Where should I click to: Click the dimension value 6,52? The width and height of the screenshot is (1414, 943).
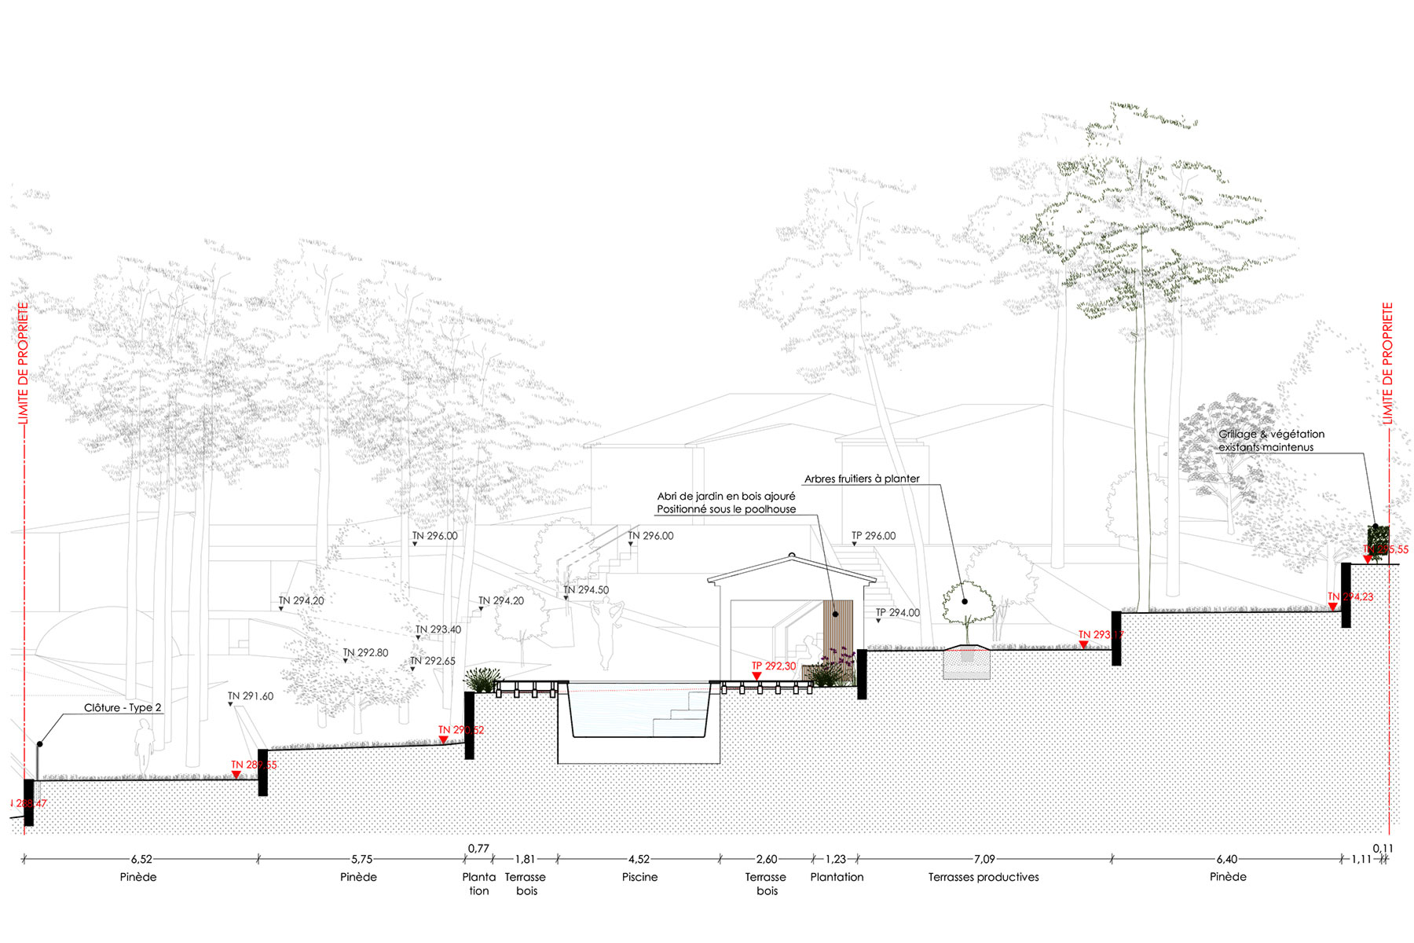pyautogui.click(x=141, y=860)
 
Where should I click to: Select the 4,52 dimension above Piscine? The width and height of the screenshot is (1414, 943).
pyautogui.click(x=639, y=860)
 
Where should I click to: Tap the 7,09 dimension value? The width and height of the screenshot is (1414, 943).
pyautogui.click(x=984, y=860)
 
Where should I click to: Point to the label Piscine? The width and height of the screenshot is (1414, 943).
pyautogui.click(x=639, y=877)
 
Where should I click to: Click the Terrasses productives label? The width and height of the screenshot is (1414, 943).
pyautogui.click(x=984, y=877)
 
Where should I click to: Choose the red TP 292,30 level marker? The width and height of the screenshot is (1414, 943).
pyautogui.click(x=773, y=666)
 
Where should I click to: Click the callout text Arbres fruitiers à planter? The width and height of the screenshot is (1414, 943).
pyautogui.click(x=862, y=479)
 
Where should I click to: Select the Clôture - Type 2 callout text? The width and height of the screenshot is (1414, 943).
pyautogui.click(x=123, y=708)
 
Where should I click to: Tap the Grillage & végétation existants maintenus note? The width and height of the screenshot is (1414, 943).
pyautogui.click(x=1270, y=440)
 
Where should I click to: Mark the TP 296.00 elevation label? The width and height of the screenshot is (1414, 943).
pyautogui.click(x=874, y=536)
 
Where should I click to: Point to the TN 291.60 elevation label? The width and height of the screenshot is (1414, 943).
pyautogui.click(x=251, y=696)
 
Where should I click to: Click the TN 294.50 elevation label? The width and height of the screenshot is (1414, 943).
pyautogui.click(x=586, y=590)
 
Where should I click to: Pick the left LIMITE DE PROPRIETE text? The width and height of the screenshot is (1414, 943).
pyautogui.click(x=23, y=364)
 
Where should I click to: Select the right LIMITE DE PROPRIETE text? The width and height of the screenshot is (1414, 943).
pyautogui.click(x=1387, y=364)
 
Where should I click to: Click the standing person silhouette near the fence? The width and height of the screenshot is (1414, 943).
pyautogui.click(x=145, y=747)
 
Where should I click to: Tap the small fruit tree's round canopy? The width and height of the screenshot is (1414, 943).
pyautogui.click(x=968, y=603)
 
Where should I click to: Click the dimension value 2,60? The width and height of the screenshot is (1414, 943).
pyautogui.click(x=767, y=860)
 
